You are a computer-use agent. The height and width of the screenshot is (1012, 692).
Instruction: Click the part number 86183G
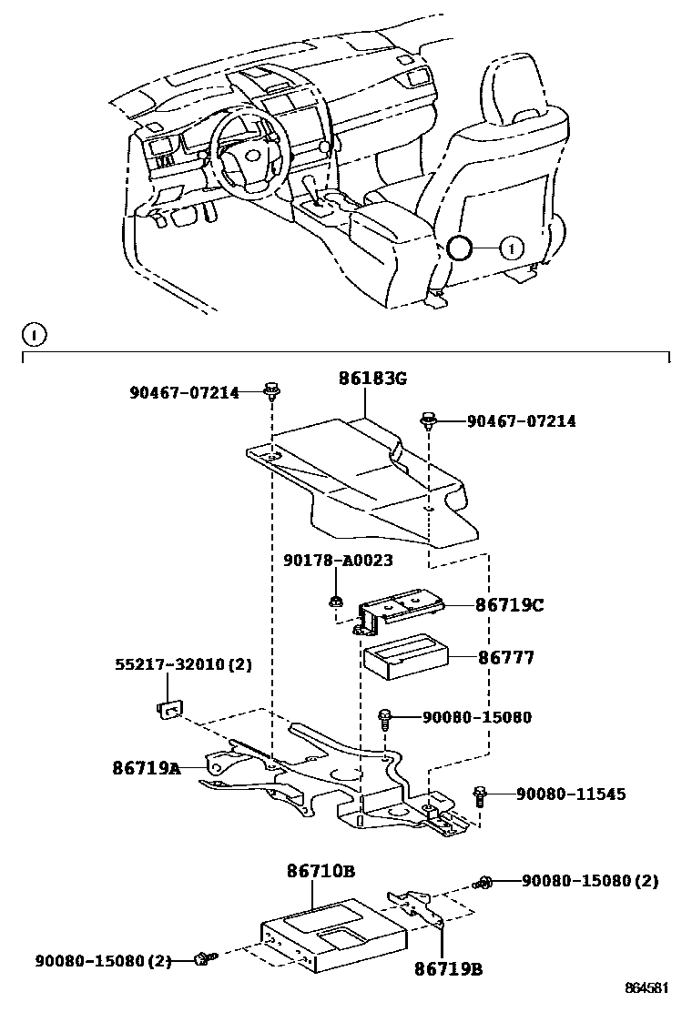pos(362,379)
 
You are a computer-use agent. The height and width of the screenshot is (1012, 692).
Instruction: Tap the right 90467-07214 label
pos(521,421)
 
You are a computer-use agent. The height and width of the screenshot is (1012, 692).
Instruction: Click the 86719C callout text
pos(509,605)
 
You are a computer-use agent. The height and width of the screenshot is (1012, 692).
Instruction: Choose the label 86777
pos(506,656)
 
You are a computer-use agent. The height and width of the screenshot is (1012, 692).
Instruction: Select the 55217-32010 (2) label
pos(182,664)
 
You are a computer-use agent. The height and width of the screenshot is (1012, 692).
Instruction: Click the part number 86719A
pos(147,768)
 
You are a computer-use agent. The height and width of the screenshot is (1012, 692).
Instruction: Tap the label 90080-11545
pos(571,794)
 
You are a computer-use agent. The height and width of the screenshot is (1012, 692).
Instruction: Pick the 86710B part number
pos(321,871)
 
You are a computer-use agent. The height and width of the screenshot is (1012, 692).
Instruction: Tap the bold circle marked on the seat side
pos(460,248)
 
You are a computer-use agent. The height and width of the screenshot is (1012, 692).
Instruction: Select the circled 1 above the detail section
pos(33,336)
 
